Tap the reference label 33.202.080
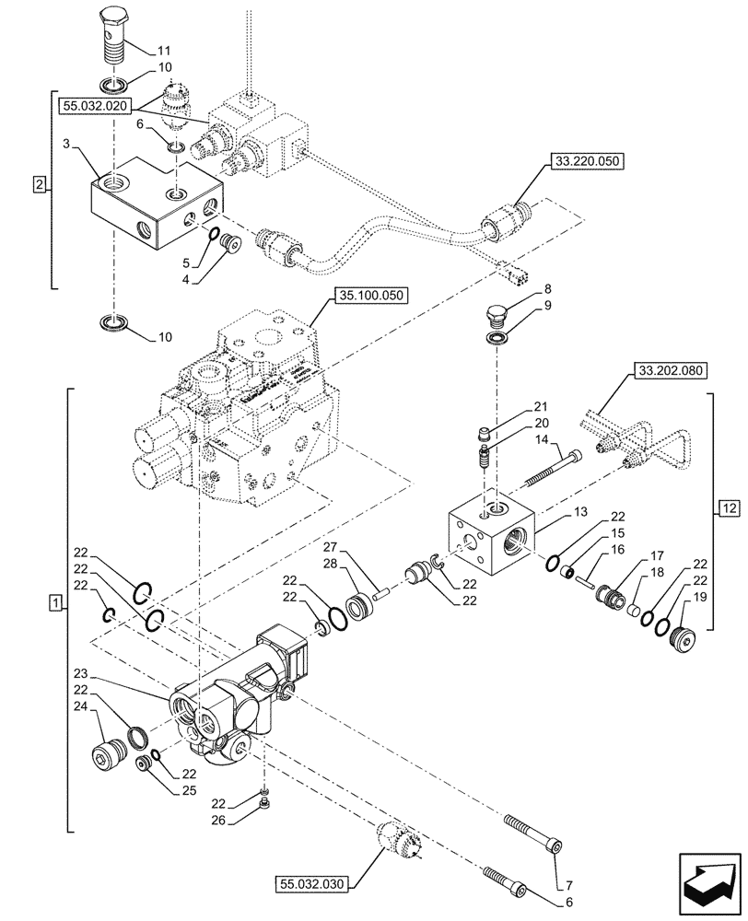[668, 373]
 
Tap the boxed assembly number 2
[38, 185]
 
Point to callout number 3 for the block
[67, 145]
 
